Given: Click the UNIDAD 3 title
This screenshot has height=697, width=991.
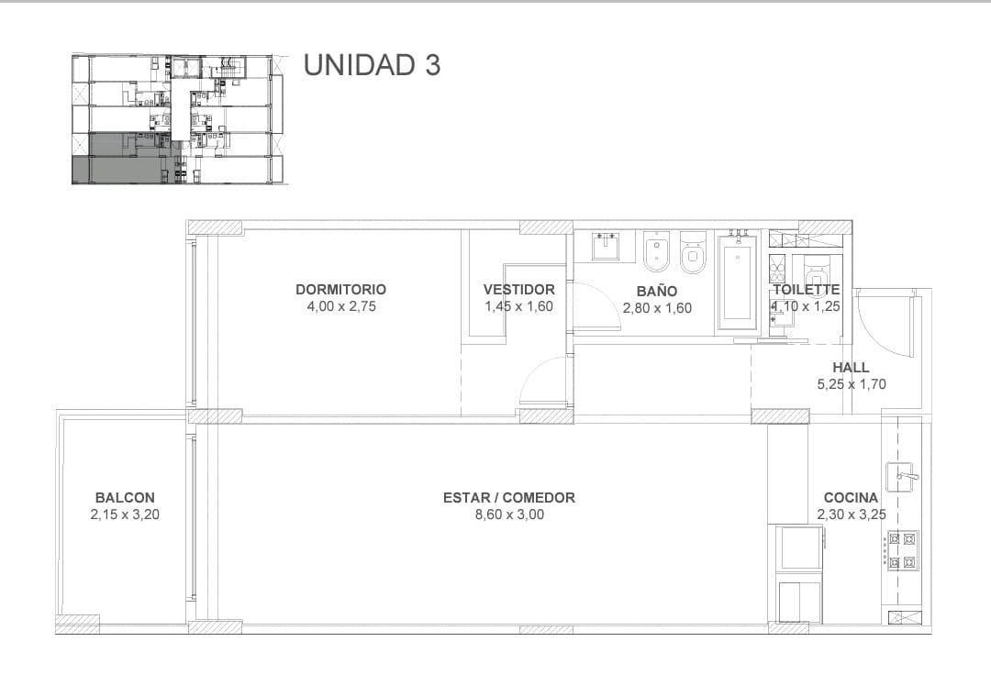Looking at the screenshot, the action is click(x=372, y=65).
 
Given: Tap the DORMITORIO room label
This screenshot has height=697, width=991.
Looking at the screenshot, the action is click(x=340, y=290).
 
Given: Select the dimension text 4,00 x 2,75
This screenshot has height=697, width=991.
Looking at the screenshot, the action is click(x=341, y=306).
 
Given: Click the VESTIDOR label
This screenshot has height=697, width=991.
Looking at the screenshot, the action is click(x=518, y=290).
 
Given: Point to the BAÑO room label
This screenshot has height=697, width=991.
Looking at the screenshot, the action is click(x=657, y=292).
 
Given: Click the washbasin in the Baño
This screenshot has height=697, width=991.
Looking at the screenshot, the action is click(x=607, y=246).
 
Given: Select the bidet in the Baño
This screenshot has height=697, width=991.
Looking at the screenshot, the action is click(x=657, y=251).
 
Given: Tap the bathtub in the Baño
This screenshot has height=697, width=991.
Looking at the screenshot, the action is click(x=738, y=282).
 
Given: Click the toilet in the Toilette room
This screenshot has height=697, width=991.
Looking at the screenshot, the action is click(x=818, y=272).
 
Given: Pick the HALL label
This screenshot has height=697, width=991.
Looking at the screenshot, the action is click(x=851, y=367).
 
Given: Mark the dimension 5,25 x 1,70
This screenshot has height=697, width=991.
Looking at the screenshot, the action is click(x=852, y=384).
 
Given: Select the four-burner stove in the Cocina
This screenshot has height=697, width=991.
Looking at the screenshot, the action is click(x=902, y=549).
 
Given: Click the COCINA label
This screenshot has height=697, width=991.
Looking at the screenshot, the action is click(x=851, y=497).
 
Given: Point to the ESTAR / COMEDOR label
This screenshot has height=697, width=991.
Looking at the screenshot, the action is click(x=508, y=498).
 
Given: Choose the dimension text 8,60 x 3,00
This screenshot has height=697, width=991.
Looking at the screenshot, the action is click(x=509, y=514).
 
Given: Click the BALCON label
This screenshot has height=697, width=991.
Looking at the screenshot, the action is click(x=125, y=498).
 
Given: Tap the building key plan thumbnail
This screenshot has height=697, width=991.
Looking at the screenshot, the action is click(x=180, y=119).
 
